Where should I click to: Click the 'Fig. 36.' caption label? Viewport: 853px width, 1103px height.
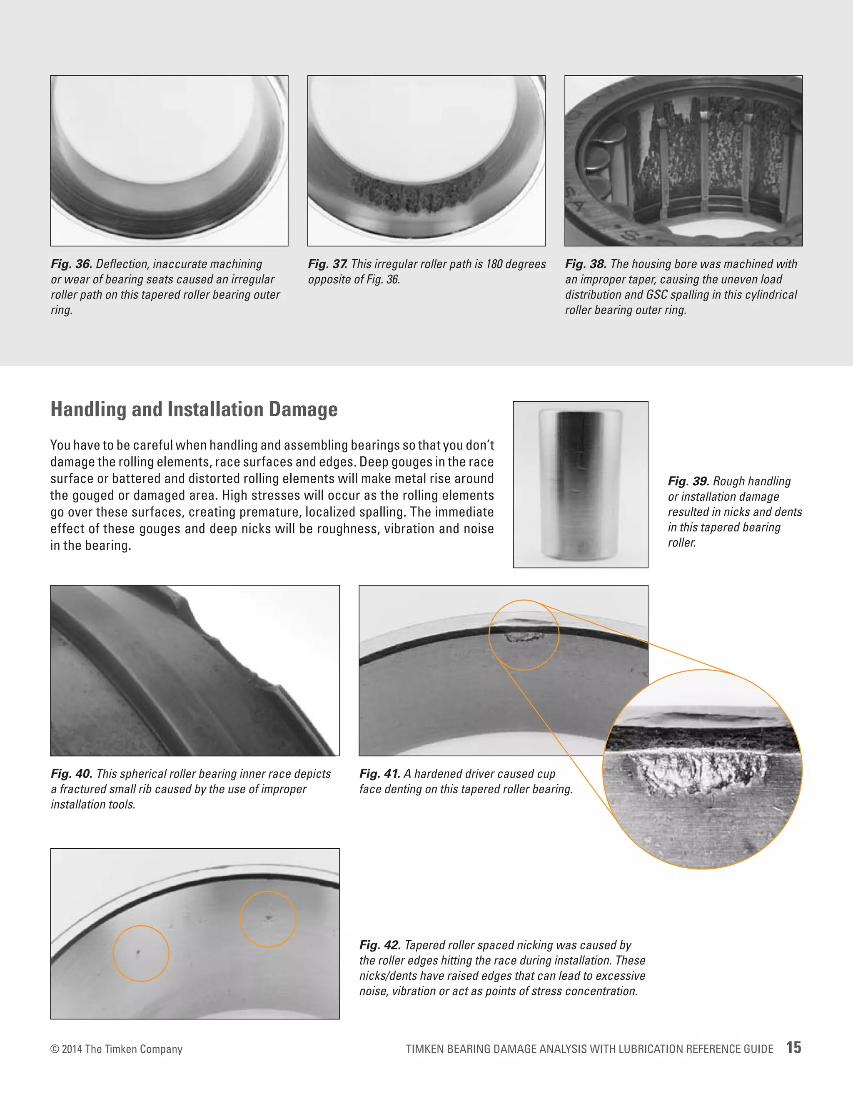[x=71, y=264]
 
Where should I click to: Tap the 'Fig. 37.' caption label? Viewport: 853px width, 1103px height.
[x=327, y=264]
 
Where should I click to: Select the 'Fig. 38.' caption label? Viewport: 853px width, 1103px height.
[x=585, y=264]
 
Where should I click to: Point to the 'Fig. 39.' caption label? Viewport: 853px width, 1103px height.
[x=688, y=481]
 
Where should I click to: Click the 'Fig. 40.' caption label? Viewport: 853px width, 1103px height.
[x=71, y=774]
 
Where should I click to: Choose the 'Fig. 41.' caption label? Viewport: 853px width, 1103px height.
[x=379, y=774]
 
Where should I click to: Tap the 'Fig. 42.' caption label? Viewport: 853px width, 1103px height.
[x=379, y=945]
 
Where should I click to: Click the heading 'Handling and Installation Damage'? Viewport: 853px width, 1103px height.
[x=194, y=409]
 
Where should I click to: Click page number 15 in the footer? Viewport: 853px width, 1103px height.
[x=793, y=1048]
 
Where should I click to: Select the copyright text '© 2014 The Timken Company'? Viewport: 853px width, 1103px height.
[x=116, y=1049]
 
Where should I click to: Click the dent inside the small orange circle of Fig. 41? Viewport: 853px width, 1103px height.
[x=523, y=637]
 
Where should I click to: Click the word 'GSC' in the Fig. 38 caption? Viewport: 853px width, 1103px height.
[x=656, y=295]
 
